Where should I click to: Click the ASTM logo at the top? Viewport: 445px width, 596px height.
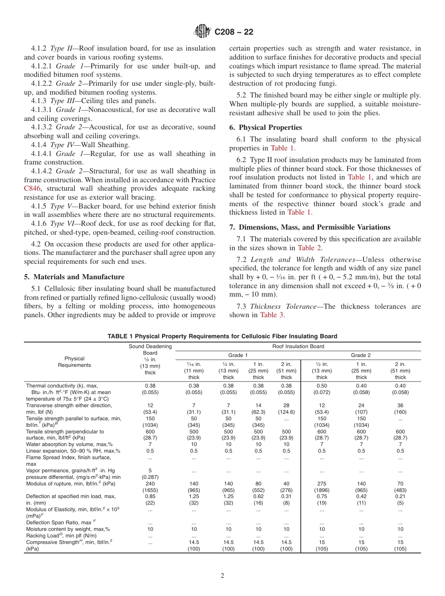203,31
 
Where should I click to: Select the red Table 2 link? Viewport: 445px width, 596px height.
310,248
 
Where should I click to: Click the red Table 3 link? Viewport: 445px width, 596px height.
272,315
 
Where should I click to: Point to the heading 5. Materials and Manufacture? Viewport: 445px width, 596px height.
74,277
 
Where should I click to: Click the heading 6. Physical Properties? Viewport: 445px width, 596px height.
266,127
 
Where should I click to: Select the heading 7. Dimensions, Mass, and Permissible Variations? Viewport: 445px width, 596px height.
310,227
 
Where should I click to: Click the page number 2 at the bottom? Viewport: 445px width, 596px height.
222,576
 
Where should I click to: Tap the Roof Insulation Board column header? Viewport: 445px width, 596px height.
297,347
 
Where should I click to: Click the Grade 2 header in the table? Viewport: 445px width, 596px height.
361,355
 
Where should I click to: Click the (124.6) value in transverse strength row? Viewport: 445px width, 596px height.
286,412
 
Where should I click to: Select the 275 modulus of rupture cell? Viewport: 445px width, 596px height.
322,483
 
